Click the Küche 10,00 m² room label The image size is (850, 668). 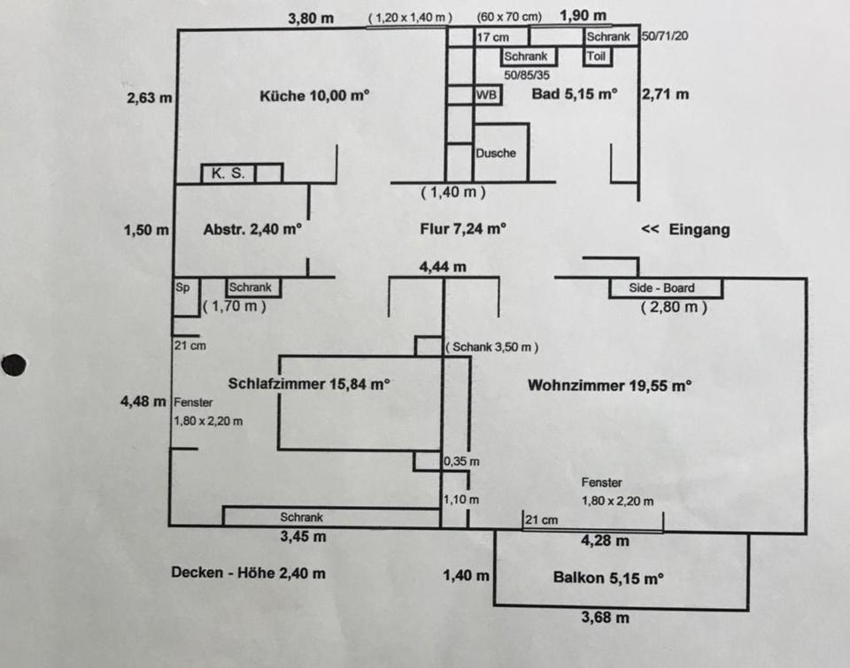pyautogui.click(x=313, y=96)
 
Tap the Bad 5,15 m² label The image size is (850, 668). pyautogui.click(x=574, y=94)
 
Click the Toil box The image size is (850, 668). pyautogui.click(x=596, y=57)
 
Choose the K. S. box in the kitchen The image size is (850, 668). pyautogui.click(x=227, y=173)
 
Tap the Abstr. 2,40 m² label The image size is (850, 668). pyautogui.click(x=252, y=229)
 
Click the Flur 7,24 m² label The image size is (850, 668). pyautogui.click(x=463, y=229)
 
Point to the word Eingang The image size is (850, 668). pyautogui.click(x=699, y=230)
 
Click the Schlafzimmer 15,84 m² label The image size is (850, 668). pyautogui.click(x=309, y=384)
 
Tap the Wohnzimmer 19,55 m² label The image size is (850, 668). pyautogui.click(x=609, y=385)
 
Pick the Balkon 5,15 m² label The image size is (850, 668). pyautogui.click(x=608, y=579)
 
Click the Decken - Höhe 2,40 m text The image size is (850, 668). pyautogui.click(x=248, y=573)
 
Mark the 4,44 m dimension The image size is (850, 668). pyautogui.click(x=443, y=266)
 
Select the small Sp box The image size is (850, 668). pyautogui.click(x=182, y=287)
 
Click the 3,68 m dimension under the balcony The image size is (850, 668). pyautogui.click(x=605, y=618)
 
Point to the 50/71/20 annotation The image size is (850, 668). pyautogui.click(x=664, y=37)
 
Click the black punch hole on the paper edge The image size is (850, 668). pyautogui.click(x=13, y=364)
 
